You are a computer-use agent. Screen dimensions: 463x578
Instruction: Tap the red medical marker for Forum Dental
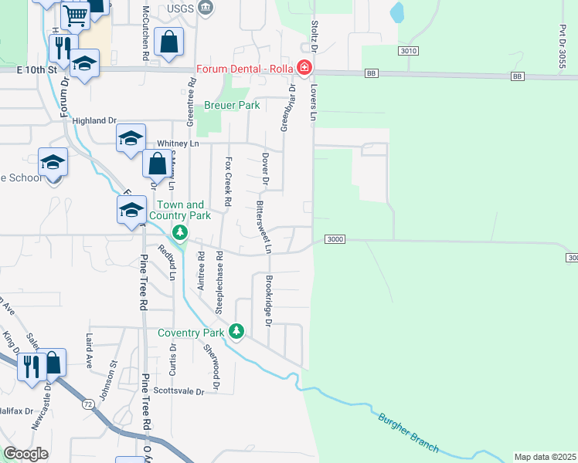(x=305, y=68)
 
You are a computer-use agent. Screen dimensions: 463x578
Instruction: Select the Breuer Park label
(x=232, y=106)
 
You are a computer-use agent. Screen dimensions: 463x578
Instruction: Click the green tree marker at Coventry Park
(x=236, y=332)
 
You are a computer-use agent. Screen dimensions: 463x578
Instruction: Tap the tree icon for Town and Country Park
(x=179, y=231)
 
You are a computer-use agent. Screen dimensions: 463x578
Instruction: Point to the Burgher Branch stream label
(x=408, y=433)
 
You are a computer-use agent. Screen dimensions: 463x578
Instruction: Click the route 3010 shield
(x=409, y=51)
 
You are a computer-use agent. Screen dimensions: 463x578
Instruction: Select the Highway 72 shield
(x=89, y=404)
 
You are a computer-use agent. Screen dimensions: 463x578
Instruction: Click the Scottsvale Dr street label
(x=178, y=392)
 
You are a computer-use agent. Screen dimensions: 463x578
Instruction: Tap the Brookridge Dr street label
(x=268, y=300)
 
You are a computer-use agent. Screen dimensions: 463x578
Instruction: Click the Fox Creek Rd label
(x=228, y=182)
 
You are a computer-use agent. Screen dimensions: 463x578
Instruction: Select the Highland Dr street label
(x=93, y=120)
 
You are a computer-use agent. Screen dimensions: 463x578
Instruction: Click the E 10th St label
(x=37, y=69)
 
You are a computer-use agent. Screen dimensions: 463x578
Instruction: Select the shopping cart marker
(x=75, y=13)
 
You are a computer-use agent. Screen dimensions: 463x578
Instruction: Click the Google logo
(x=25, y=454)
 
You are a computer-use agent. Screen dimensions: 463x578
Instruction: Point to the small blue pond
(x=397, y=12)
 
